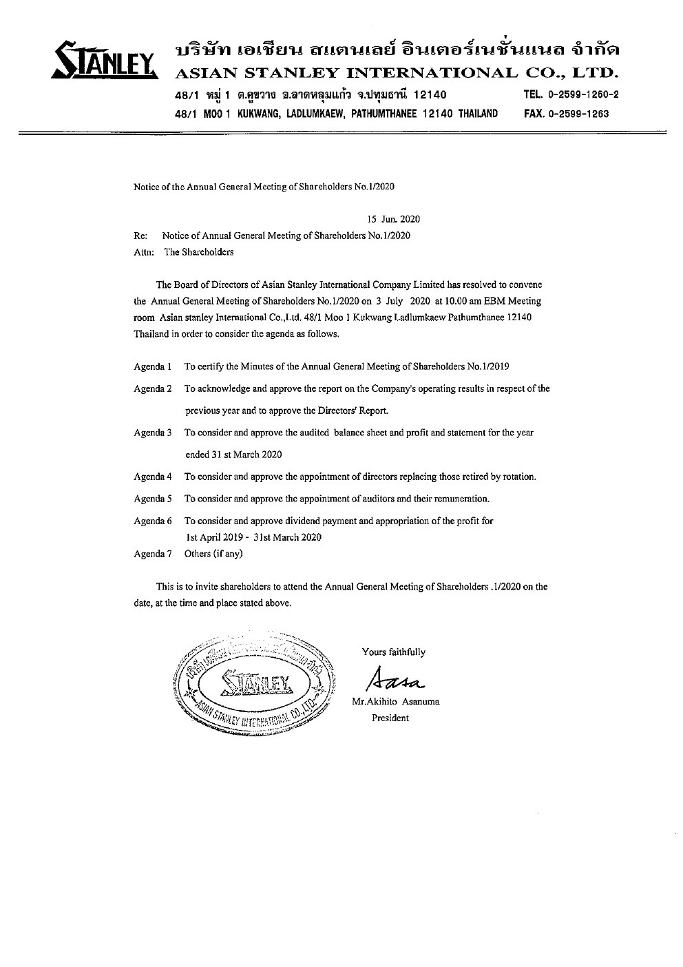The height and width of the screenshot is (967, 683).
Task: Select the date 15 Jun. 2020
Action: click(393, 220)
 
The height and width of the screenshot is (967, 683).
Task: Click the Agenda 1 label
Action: click(152, 366)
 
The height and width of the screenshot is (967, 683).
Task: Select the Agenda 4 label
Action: click(152, 477)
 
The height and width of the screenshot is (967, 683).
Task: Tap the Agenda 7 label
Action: click(152, 554)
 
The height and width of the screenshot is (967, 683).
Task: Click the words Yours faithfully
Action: click(393, 652)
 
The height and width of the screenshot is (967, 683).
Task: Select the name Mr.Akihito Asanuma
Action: click(395, 702)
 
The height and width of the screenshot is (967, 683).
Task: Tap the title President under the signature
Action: click(390, 718)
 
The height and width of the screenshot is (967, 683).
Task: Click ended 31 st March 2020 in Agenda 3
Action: click(233, 455)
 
